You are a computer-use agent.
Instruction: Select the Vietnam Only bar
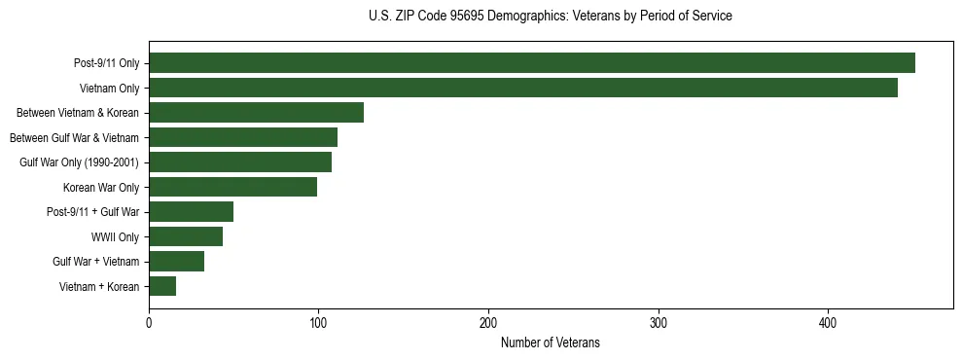[x=523, y=89]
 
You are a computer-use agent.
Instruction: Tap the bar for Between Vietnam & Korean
[x=256, y=113]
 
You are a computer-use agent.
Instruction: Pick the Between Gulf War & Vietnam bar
[x=243, y=137]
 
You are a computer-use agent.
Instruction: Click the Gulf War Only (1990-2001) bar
[x=240, y=162]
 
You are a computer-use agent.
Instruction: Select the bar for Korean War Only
[x=232, y=187]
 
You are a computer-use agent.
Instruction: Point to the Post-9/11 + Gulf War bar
[x=191, y=212]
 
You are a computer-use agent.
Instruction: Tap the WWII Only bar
[x=186, y=236]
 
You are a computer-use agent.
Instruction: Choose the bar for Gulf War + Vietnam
[x=176, y=261]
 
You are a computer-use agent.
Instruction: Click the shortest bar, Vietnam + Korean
[x=162, y=286]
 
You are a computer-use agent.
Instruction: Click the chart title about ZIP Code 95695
[x=551, y=17]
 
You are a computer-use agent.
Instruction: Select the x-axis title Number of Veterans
[x=551, y=343]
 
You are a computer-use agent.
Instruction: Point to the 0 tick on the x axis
[x=149, y=324]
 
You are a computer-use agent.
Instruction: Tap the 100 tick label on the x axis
[x=318, y=324]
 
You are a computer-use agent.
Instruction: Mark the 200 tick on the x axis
[x=488, y=324]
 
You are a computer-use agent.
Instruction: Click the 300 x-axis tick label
[x=659, y=324]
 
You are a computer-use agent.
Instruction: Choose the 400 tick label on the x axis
[x=828, y=324]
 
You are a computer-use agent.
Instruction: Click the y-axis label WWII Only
[x=115, y=236]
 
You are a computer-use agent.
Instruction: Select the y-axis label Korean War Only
[x=101, y=187]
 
